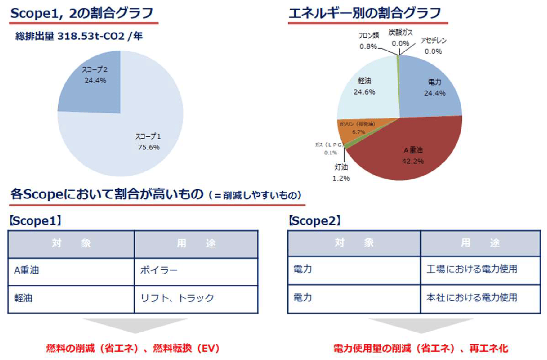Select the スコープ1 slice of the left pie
135,142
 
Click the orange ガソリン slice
357,130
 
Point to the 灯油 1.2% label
341,172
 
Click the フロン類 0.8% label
368,41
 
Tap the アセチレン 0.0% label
433,46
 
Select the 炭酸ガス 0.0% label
400,38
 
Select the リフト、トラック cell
196,298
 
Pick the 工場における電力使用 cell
480,269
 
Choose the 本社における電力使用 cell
480,298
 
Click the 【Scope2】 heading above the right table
314,221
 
